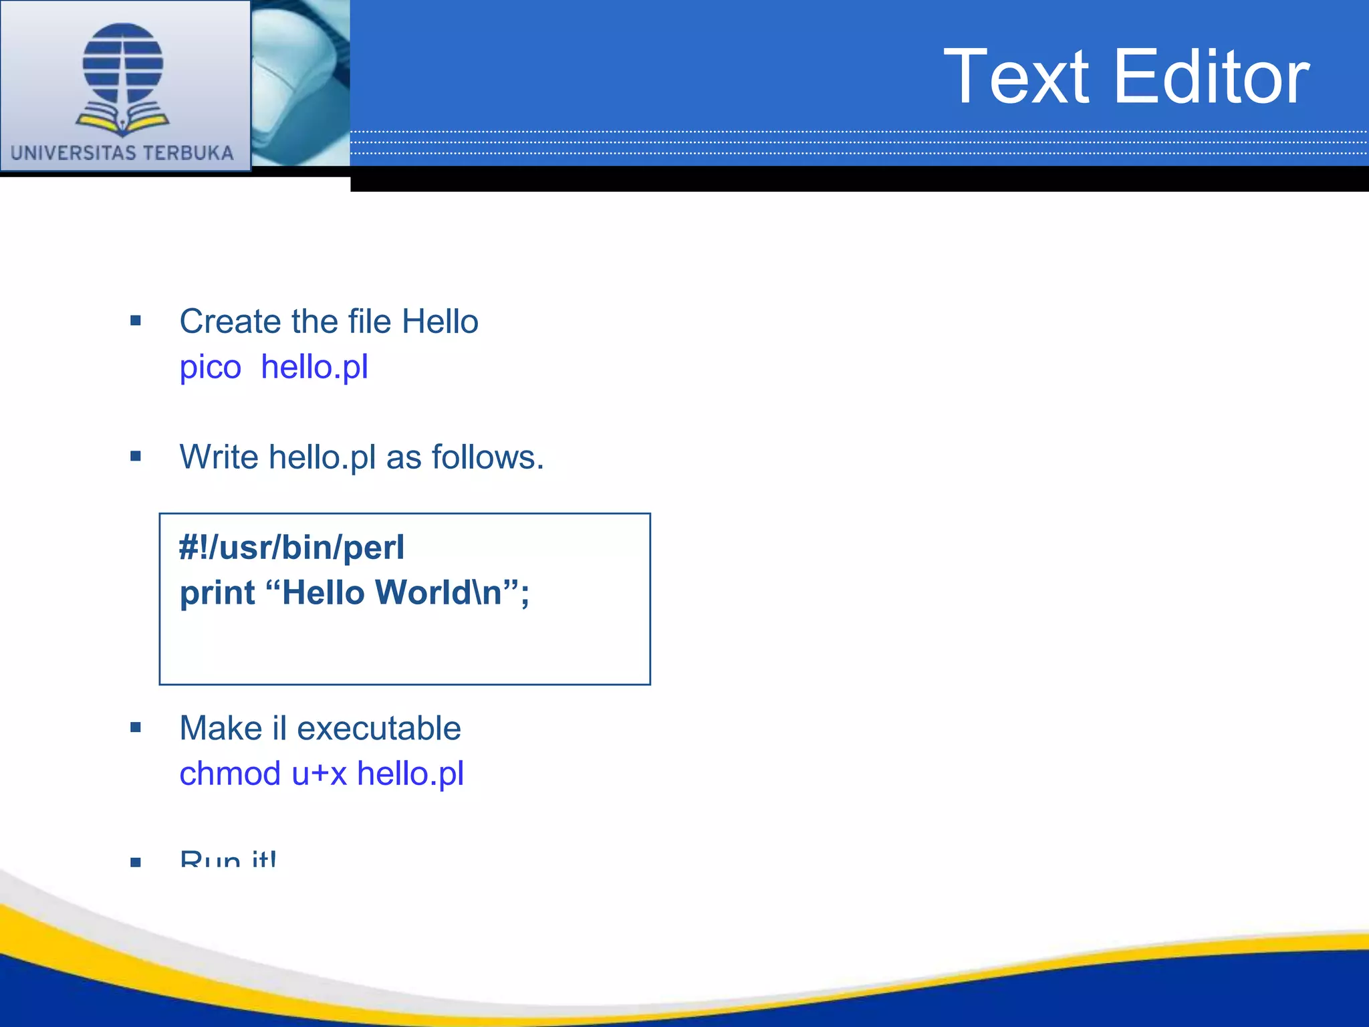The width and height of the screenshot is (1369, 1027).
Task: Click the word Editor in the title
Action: [x=1211, y=78]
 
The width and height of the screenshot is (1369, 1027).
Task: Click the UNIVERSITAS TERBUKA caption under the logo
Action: [x=122, y=153]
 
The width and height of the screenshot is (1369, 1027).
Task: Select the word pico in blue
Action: [x=210, y=368]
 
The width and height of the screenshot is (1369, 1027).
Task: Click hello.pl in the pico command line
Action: [x=314, y=367]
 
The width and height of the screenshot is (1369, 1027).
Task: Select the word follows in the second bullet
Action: [x=487, y=457]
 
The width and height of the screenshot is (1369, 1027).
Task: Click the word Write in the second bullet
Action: [x=219, y=457]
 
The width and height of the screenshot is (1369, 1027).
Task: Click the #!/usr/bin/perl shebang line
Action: [x=291, y=548]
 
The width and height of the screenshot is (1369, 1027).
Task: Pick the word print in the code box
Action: [x=217, y=593]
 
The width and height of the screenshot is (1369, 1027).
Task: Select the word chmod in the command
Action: [x=230, y=774]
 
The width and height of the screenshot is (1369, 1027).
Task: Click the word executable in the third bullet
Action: [x=378, y=728]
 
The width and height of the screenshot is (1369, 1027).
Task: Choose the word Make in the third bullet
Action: [x=221, y=728]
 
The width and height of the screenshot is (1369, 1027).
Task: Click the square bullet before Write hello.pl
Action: [x=136, y=457]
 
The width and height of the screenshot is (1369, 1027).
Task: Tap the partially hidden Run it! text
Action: [x=227, y=859]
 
